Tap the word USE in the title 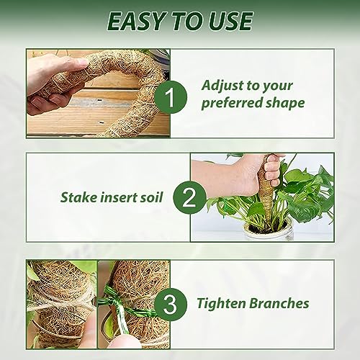point(230,21)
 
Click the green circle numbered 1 point(171,97)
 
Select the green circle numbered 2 point(189,197)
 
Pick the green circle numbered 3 point(171,304)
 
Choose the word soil point(150,197)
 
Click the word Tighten point(221,304)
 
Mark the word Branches point(279,303)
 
